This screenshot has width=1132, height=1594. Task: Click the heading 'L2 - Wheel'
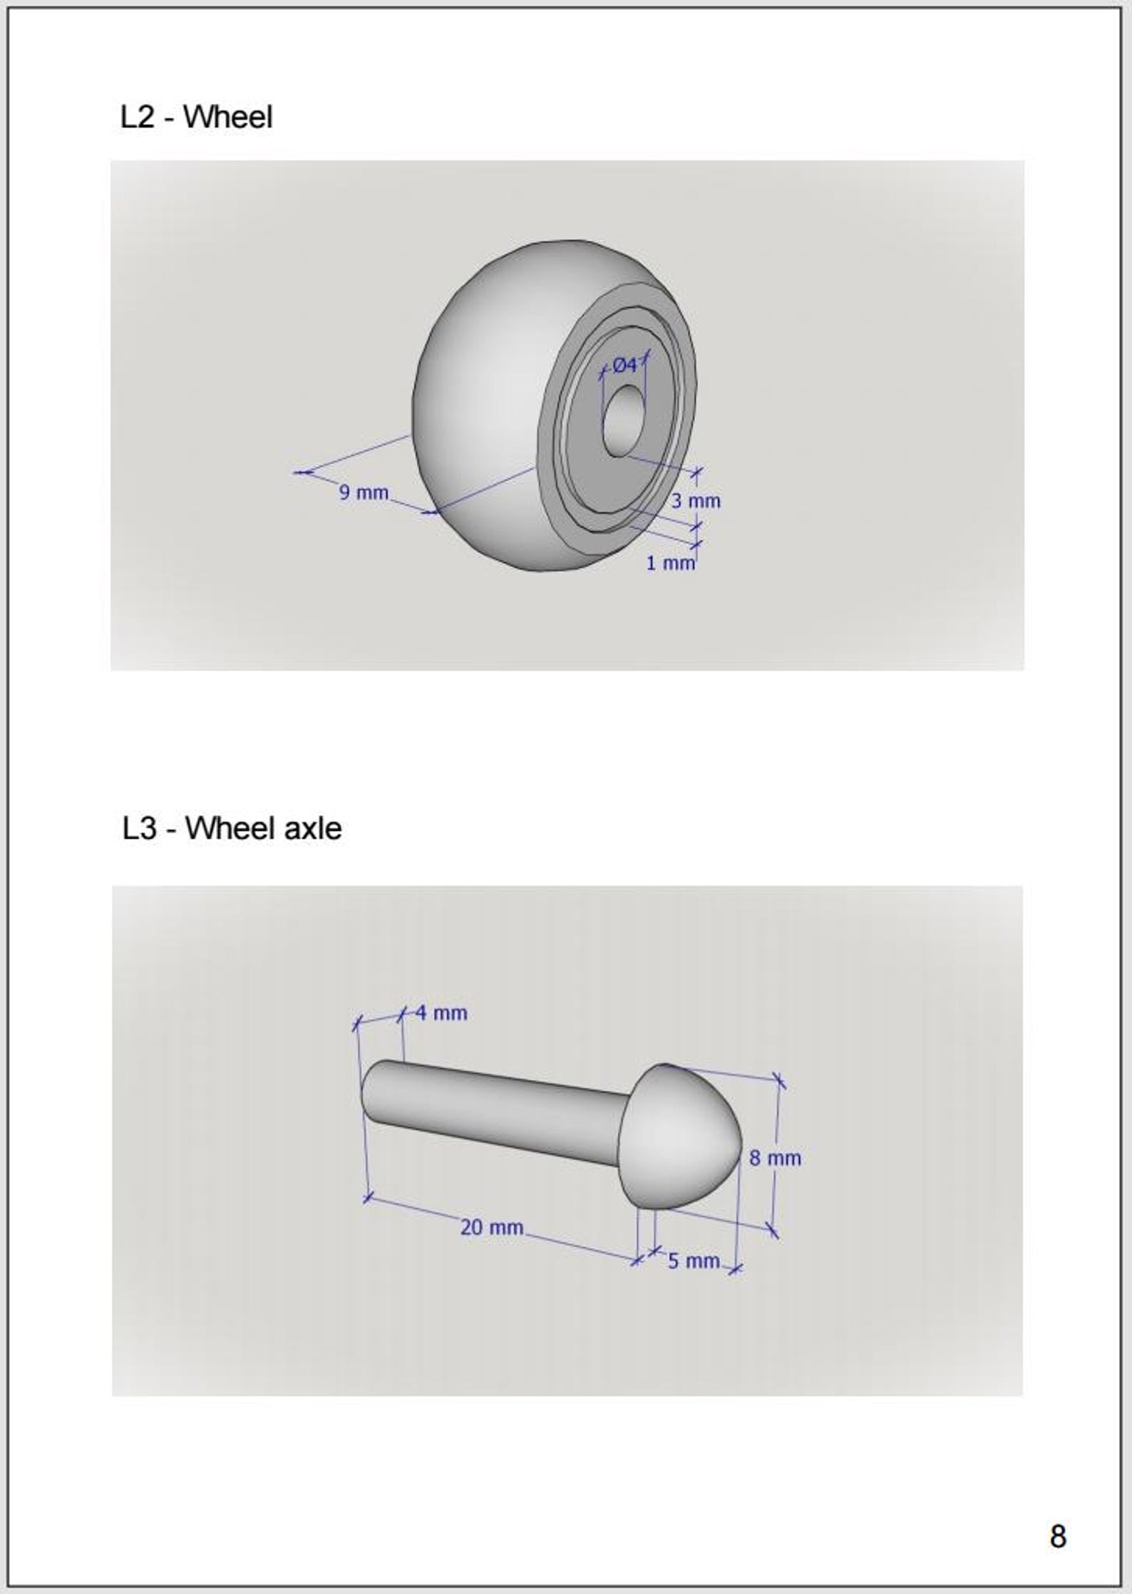click(196, 117)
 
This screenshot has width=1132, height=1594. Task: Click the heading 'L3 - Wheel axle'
click(232, 828)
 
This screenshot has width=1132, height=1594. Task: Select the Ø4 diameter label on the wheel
click(624, 366)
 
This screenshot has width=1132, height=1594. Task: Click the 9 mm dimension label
click(364, 492)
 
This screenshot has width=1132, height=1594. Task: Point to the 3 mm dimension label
click(696, 501)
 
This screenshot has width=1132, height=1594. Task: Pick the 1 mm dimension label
click(670, 563)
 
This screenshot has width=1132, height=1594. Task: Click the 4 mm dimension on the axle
click(441, 1013)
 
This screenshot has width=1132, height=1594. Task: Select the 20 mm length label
click(492, 1227)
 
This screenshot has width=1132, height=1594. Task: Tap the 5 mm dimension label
click(694, 1261)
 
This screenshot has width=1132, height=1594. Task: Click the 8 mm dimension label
click(775, 1158)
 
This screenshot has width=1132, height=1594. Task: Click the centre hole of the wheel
click(622, 421)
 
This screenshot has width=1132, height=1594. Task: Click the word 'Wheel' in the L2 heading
click(228, 117)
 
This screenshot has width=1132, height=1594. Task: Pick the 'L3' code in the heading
click(139, 829)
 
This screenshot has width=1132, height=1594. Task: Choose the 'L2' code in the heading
click(138, 118)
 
